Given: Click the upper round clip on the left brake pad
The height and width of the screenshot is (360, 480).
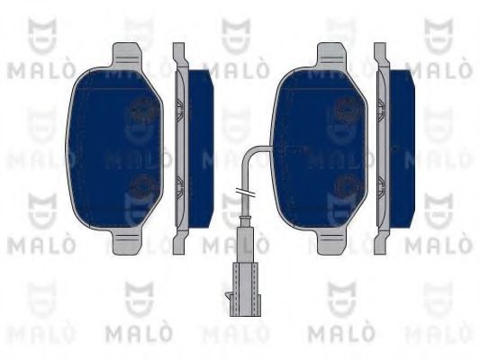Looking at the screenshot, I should coord(141,111).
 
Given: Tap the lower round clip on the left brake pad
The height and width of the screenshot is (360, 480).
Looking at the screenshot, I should coord(141,186).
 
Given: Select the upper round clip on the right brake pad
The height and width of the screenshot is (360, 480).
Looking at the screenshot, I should coord(344,111).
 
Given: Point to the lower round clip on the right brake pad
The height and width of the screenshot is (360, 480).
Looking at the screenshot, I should coord(344,186).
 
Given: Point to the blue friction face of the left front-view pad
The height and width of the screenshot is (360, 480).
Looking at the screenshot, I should coord(104,148).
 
